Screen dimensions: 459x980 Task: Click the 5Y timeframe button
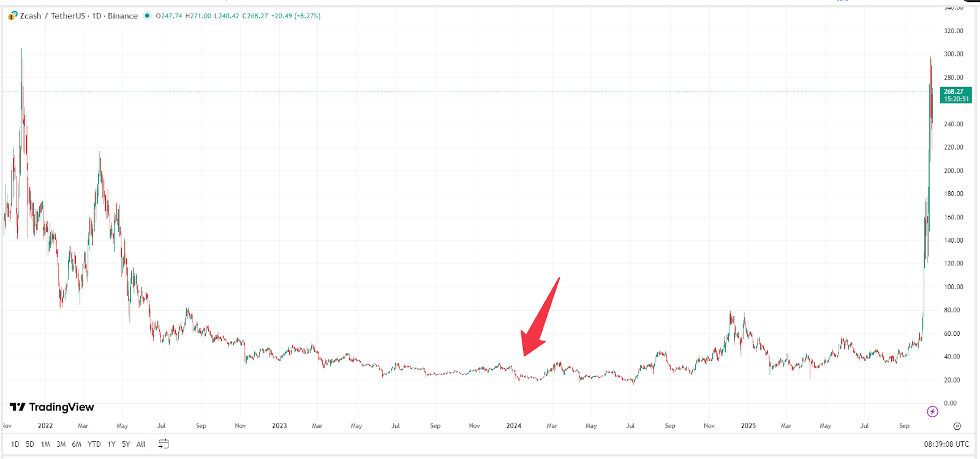[126, 444]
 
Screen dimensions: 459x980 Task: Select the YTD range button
[94, 444]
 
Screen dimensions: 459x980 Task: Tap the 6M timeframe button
[77, 444]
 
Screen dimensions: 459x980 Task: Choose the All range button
[141, 444]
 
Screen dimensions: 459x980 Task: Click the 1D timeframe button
[15, 444]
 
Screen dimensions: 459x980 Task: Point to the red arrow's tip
[524, 355]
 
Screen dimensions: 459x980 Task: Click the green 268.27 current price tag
[956, 95]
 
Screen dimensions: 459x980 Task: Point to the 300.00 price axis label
[953, 54]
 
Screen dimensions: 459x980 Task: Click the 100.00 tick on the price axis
[953, 287]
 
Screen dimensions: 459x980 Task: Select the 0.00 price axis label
[950, 403]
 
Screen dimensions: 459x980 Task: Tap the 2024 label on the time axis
[513, 426]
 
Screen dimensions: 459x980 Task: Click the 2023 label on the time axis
[279, 426]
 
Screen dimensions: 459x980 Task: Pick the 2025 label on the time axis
[748, 426]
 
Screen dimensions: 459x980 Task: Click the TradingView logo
[52, 408]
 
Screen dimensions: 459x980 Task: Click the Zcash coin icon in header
[12, 16]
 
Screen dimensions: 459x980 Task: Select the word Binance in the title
[123, 16]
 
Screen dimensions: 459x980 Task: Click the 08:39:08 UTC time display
[946, 444]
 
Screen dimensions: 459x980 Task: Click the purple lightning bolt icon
[932, 412]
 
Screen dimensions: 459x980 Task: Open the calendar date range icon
[164, 444]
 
